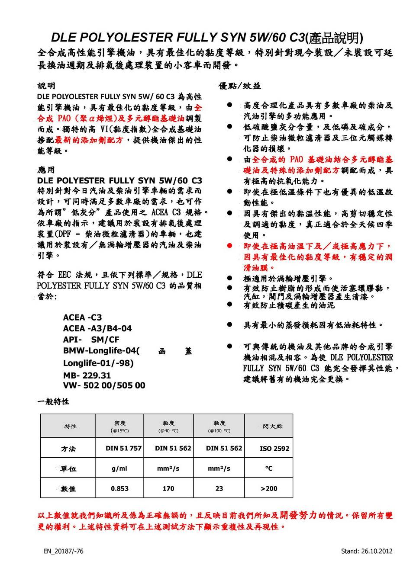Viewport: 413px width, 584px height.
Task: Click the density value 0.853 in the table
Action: tap(119, 488)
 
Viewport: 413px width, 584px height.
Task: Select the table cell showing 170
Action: tap(168, 488)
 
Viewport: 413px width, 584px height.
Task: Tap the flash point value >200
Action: tap(269, 488)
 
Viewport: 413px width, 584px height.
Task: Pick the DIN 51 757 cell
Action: tap(123, 448)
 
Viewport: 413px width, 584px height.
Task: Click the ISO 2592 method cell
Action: tap(274, 449)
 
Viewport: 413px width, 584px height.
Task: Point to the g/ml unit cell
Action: tap(119, 468)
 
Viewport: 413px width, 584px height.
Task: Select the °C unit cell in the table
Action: tap(269, 468)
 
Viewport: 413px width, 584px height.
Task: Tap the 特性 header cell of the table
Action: tap(70, 426)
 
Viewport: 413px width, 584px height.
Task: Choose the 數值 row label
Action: tap(68, 489)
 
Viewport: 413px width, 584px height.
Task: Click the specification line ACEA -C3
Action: tap(82, 318)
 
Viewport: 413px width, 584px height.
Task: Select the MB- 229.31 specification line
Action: tap(87, 375)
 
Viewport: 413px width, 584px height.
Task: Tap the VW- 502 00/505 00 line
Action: tap(104, 385)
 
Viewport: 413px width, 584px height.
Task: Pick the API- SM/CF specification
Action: tap(91, 340)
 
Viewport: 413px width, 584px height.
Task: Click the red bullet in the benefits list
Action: tap(230, 246)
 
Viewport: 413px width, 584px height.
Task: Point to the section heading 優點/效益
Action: tap(240, 86)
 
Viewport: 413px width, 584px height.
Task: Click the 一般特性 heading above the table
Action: tap(53, 401)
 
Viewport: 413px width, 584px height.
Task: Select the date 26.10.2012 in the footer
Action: tap(377, 551)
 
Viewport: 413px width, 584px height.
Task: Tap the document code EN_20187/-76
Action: tap(63, 551)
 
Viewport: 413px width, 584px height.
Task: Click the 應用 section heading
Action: tap(46, 170)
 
